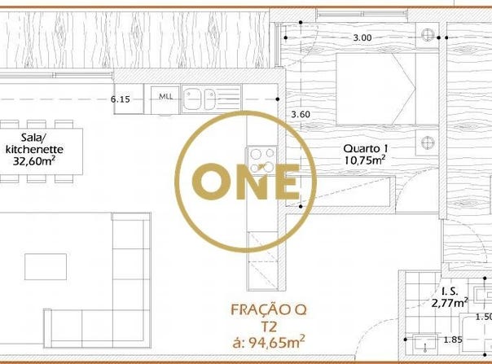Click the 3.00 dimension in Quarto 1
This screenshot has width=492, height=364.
click(x=362, y=37)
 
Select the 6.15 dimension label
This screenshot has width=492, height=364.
click(x=121, y=99)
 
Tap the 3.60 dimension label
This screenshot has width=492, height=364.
click(x=301, y=114)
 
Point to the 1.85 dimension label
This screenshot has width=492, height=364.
click(x=453, y=340)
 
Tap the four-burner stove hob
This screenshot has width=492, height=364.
click(x=261, y=160)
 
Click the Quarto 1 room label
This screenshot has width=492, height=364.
click(x=366, y=148)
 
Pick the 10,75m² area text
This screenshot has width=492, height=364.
click(x=365, y=160)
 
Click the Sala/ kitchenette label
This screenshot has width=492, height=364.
click(x=34, y=143)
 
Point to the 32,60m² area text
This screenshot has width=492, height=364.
click(x=34, y=160)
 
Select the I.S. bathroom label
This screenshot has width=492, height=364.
click(x=450, y=292)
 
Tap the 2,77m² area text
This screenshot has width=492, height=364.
click(x=450, y=303)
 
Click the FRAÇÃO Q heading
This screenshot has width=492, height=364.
click(x=269, y=310)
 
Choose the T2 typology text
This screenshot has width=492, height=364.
click(x=269, y=327)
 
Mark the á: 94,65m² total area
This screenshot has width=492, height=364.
click(x=269, y=342)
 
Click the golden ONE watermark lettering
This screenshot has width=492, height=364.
click(x=246, y=182)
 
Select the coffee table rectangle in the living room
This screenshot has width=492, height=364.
click(x=46, y=267)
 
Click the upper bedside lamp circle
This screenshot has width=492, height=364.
click(x=428, y=34)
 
